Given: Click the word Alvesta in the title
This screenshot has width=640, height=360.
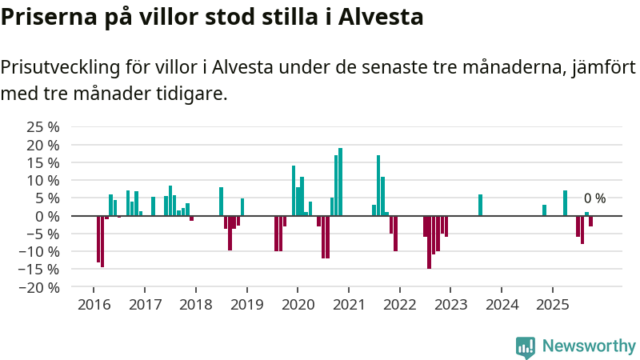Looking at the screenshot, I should [x=381, y=17].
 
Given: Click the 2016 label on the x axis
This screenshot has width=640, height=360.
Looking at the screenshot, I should [x=94, y=305].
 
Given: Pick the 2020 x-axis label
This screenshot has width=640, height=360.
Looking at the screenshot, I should [x=298, y=305].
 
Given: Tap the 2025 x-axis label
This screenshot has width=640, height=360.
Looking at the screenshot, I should [x=552, y=305].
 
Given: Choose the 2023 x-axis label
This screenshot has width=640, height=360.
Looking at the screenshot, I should [x=450, y=305].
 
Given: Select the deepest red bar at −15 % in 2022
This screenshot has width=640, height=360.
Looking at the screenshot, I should [x=429, y=242].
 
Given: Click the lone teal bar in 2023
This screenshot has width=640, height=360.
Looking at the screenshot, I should [x=480, y=205].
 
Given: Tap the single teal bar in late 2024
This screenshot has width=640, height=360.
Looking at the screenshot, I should [x=544, y=210].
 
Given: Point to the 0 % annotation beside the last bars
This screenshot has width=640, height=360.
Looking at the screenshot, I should [x=594, y=198].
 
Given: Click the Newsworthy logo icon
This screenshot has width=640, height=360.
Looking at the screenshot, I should [x=526, y=346].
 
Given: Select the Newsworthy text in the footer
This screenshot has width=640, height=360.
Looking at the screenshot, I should [x=589, y=346].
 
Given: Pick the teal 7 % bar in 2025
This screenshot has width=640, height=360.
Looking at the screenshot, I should [x=565, y=203].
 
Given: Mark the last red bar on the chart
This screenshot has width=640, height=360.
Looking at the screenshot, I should [x=590, y=221].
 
